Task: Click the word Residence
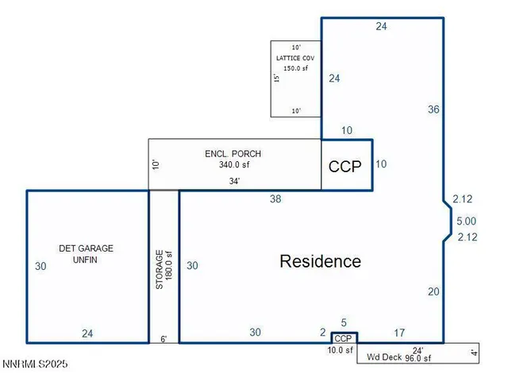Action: pyautogui.click(x=320, y=261)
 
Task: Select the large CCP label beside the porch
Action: pyautogui.click(x=345, y=167)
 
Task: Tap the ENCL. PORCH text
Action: pyautogui.click(x=233, y=154)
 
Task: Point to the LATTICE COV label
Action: pyautogui.click(x=296, y=58)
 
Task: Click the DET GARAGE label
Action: pyautogui.click(x=86, y=248)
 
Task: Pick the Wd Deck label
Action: pyautogui.click(x=383, y=358)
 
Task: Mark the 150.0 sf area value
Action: pyautogui.click(x=296, y=68)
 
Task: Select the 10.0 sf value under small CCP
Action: pyautogui.click(x=341, y=349)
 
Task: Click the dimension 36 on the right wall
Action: pyautogui.click(x=433, y=110)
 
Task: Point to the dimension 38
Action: pyautogui.click(x=275, y=199)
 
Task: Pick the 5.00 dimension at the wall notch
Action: pyautogui.click(x=465, y=221)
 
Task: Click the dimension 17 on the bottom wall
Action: pyautogui.click(x=399, y=333)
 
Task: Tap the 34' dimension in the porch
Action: pyautogui.click(x=235, y=181)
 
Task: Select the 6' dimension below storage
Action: pyautogui.click(x=164, y=339)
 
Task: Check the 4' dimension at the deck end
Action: pyautogui.click(x=474, y=352)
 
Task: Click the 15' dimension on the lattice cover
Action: pyautogui.click(x=276, y=79)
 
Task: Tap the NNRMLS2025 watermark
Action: pyautogui.click(x=35, y=364)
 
